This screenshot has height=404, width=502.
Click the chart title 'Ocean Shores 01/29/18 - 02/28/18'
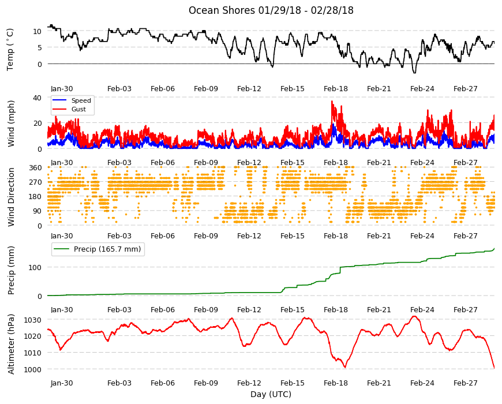click(271, 10)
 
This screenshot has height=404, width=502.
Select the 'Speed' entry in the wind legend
click(81, 100)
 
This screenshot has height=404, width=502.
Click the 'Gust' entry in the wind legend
click(78, 109)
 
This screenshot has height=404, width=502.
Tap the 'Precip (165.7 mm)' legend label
click(107, 249)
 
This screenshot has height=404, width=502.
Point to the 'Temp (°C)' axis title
click(10, 49)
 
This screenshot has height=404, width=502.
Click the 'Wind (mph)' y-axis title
click(11, 124)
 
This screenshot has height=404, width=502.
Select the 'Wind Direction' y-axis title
click(11, 197)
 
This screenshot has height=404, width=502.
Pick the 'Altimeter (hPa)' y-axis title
click(11, 344)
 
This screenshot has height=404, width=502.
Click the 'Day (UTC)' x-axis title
click(271, 394)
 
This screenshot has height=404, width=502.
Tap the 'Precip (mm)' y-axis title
click(11, 271)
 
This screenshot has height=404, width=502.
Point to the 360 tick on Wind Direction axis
click(35, 168)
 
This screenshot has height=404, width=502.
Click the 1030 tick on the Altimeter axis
click(33, 320)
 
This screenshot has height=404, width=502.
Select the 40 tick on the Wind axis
click(38, 98)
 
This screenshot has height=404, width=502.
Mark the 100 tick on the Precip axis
click(35, 267)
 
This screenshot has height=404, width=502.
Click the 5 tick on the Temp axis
click(40, 47)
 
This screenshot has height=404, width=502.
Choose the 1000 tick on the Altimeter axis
click(33, 369)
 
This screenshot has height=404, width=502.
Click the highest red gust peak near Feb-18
click(332, 102)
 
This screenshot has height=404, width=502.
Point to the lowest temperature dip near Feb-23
click(415, 72)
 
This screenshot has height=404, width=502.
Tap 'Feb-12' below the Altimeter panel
click(249, 383)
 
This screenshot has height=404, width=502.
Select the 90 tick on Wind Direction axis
click(38, 211)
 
